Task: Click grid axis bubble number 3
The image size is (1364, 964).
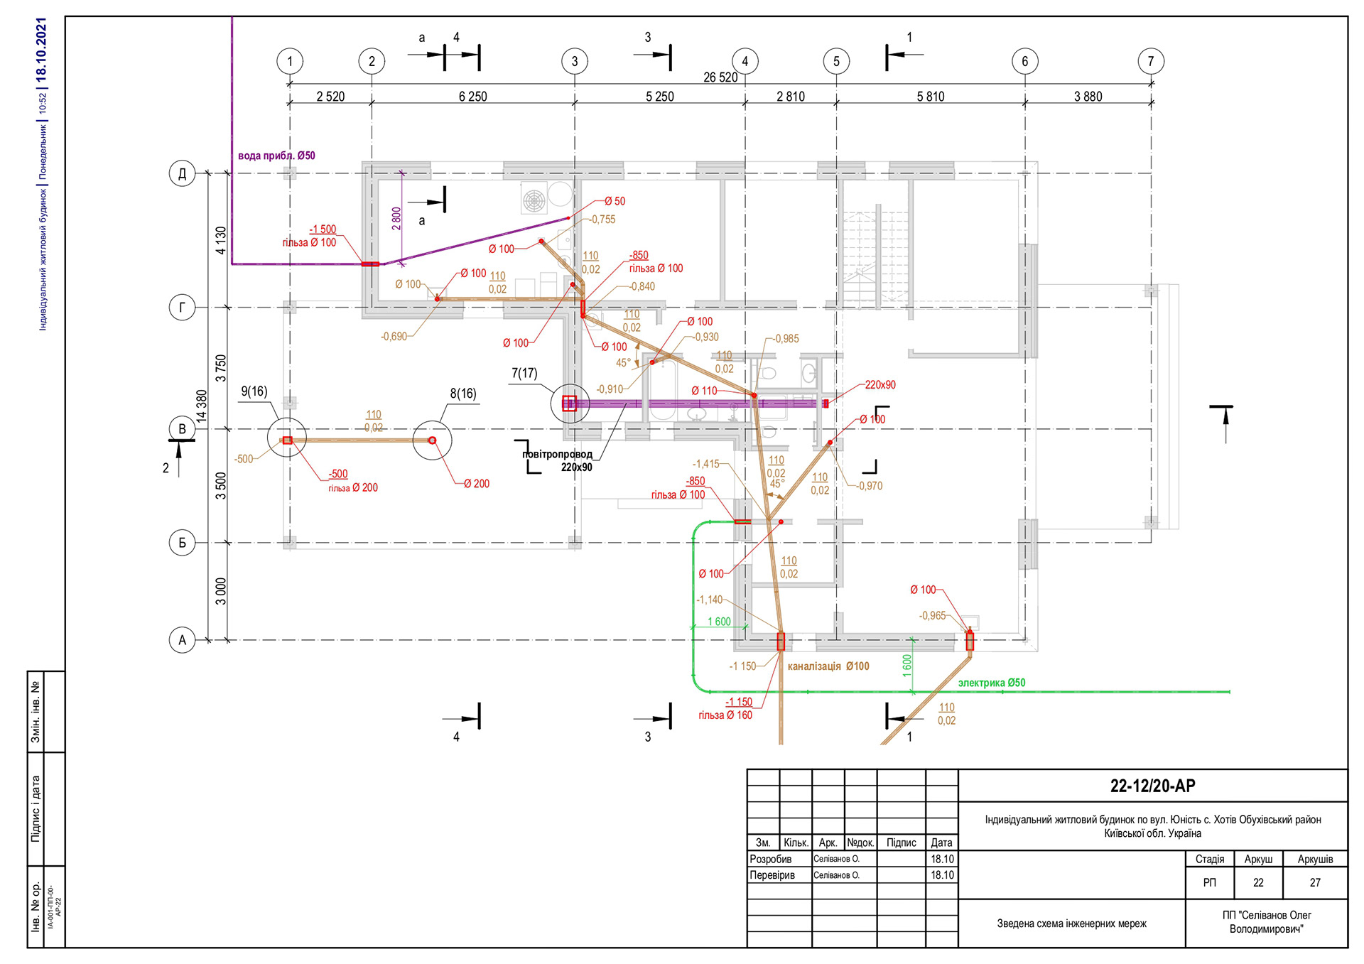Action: (x=574, y=61)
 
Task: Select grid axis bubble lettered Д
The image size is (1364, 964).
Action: (x=182, y=173)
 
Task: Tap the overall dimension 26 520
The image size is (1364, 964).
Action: (x=720, y=77)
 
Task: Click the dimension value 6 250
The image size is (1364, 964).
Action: (x=472, y=97)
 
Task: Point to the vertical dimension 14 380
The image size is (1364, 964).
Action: (x=202, y=406)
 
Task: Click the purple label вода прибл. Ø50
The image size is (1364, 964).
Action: (x=276, y=156)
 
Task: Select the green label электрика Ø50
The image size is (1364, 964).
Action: (x=991, y=683)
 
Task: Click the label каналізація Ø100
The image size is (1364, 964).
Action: (x=828, y=666)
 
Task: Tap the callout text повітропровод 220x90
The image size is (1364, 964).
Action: (x=558, y=460)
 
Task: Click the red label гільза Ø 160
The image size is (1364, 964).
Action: (x=725, y=715)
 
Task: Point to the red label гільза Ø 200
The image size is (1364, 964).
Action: (x=352, y=487)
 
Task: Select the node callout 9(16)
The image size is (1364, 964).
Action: (x=254, y=391)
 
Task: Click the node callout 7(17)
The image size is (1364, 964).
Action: (x=524, y=373)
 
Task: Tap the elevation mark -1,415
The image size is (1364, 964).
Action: (x=706, y=464)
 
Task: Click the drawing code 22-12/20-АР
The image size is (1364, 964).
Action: (x=1152, y=786)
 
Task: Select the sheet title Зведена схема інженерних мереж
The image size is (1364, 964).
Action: (x=1071, y=924)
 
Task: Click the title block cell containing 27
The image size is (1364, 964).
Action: (x=1314, y=882)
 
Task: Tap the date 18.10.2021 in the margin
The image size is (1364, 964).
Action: (x=41, y=48)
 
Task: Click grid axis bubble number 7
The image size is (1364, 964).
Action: (x=1150, y=61)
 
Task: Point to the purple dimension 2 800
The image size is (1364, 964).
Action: (x=396, y=218)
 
